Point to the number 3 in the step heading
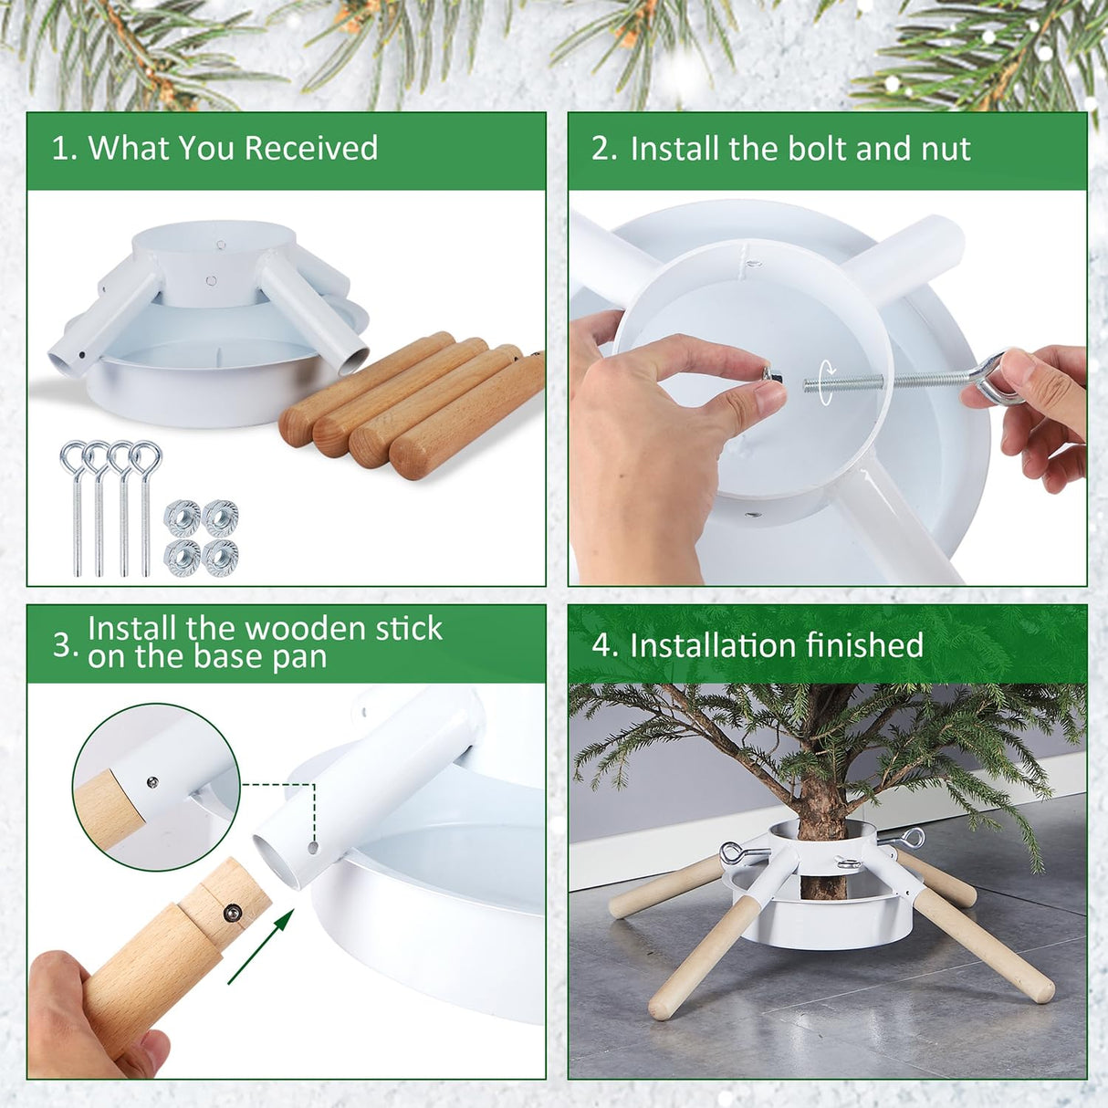64,644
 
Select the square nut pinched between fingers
769,373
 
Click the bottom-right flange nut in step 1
220,556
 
